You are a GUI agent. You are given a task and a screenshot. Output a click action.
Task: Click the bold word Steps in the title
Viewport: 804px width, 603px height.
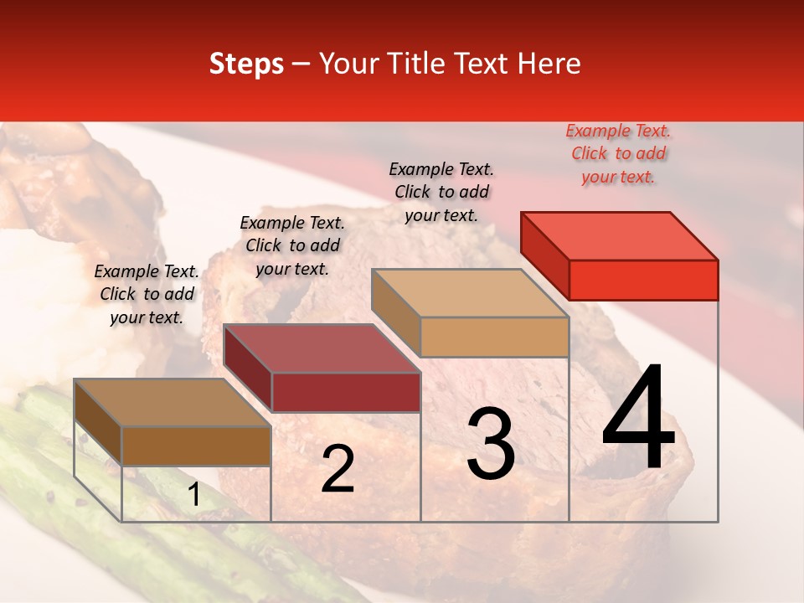(246, 64)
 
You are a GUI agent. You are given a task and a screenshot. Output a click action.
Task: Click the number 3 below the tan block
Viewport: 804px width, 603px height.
(491, 445)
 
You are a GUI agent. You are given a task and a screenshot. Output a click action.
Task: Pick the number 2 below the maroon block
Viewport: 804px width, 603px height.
(338, 469)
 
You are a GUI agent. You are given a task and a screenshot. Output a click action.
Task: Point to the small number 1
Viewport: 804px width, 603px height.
(194, 495)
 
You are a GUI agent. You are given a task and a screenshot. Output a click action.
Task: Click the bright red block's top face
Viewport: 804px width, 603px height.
(619, 235)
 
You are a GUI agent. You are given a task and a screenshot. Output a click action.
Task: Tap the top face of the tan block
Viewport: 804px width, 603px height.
(470, 293)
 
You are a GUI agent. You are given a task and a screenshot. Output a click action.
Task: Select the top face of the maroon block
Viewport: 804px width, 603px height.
(321, 348)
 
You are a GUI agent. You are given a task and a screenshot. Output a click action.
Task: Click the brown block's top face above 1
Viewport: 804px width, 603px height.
(172, 403)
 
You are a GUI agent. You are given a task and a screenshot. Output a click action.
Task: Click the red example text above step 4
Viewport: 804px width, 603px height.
(618, 154)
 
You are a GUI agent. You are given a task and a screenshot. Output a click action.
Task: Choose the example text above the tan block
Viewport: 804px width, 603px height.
(441, 192)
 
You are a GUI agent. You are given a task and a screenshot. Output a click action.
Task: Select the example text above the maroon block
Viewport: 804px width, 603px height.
(292, 245)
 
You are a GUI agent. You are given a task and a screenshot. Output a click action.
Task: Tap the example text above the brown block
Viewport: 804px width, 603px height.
(147, 294)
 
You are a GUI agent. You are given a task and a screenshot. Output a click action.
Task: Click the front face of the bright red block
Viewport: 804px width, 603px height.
(643, 280)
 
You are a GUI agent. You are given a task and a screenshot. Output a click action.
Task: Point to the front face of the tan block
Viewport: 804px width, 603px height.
(494, 337)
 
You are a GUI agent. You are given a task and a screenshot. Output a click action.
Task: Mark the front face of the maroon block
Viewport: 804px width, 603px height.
(345, 392)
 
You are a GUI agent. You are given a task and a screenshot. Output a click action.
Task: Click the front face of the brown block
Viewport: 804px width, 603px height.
(196, 446)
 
